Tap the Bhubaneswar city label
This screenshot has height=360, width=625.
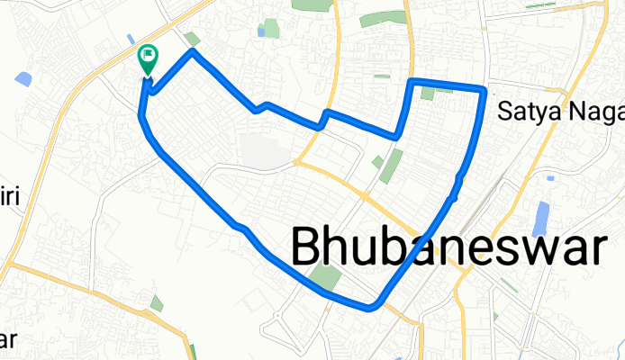(x=447, y=247)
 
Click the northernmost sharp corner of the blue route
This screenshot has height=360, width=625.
(x=192, y=52)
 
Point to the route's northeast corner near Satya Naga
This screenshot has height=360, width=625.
(x=485, y=91)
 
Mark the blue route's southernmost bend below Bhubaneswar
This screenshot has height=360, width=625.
(x=370, y=308)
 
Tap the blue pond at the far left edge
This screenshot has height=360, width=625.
(x=24, y=78)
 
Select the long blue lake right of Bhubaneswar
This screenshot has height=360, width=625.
(x=540, y=219)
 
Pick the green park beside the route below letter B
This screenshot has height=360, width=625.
(x=326, y=278)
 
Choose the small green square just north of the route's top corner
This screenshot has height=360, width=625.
(x=193, y=39)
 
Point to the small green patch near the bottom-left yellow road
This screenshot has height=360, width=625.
(x=157, y=303)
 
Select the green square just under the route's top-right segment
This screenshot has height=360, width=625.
(x=428, y=93)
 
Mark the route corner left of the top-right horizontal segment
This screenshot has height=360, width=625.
(x=412, y=82)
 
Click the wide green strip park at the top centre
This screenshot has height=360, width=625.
(x=383, y=18)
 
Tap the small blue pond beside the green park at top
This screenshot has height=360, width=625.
(x=261, y=32)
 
